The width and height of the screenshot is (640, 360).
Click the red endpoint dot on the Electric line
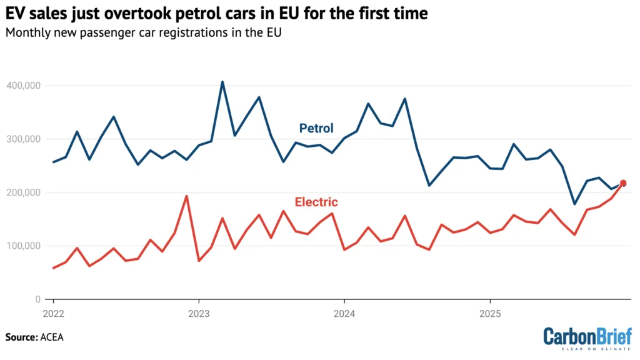(x=622, y=183)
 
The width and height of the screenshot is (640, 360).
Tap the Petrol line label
(x=316, y=128)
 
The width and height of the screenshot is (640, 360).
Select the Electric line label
(x=316, y=202)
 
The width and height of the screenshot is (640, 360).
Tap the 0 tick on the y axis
(x=37, y=299)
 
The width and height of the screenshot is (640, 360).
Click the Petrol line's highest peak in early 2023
(x=222, y=82)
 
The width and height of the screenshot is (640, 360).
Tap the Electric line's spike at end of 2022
(x=186, y=196)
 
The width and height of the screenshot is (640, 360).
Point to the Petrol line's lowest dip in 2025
(x=574, y=204)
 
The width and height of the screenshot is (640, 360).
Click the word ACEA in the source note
(x=52, y=337)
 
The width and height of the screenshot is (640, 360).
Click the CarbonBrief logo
(x=587, y=338)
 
